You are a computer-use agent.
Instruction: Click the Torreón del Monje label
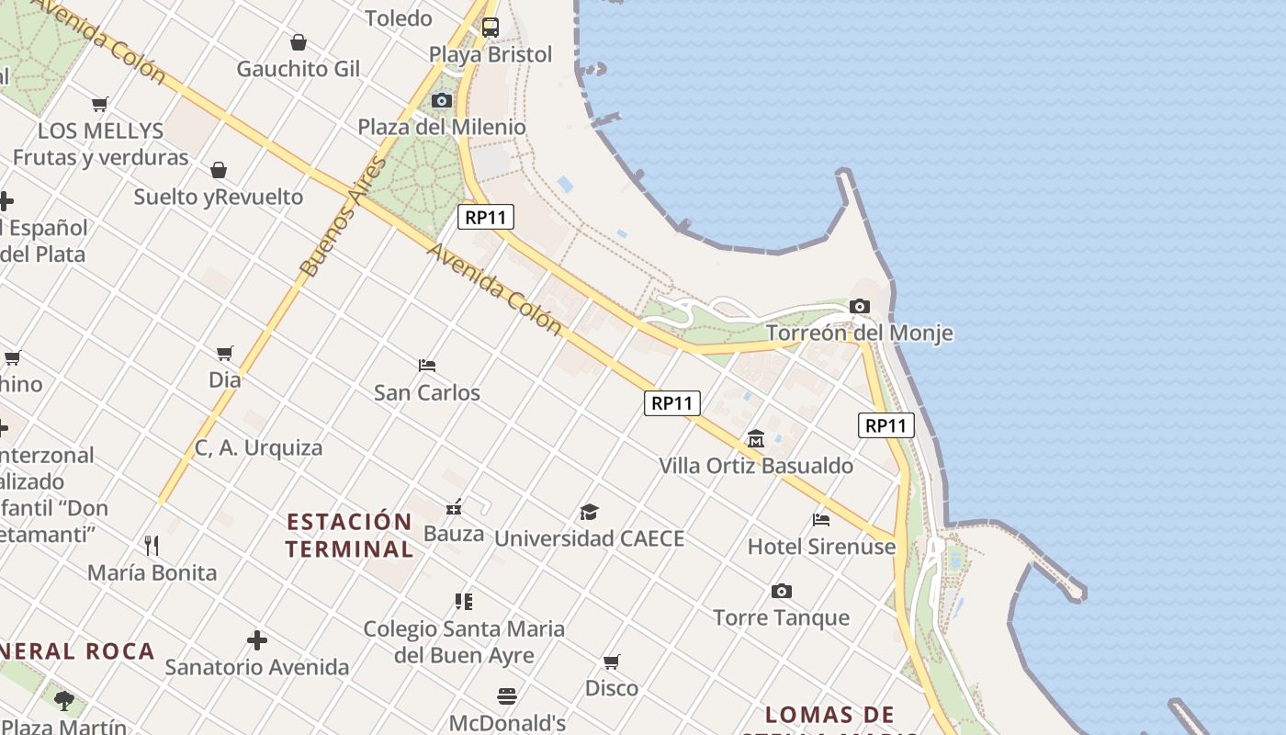pos(859,333)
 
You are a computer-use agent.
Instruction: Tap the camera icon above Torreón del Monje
pos(860,306)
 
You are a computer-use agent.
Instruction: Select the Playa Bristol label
pos(491,54)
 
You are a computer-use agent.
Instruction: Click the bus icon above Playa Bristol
pos(491,28)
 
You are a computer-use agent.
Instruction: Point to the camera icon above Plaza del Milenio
pos(442,100)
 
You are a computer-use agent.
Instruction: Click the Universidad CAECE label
pos(589,538)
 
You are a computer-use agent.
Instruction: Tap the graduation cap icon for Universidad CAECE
pos(589,512)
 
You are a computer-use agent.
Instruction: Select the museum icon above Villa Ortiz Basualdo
pos(756,438)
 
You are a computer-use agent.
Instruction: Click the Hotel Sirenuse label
pos(821,547)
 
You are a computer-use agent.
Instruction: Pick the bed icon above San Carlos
pos(427,365)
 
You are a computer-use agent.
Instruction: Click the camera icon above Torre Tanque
pos(782,591)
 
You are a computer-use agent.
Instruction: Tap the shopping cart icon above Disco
pos(612,661)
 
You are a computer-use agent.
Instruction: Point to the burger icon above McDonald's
pos(507,695)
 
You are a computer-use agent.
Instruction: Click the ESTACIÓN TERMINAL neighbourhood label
pos(349,536)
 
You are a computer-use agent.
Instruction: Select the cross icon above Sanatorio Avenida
pos(257,640)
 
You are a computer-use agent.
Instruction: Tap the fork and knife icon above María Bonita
pos(152,546)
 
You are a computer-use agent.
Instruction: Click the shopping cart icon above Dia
pos(225,353)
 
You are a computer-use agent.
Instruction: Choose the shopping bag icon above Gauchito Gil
pos(299,42)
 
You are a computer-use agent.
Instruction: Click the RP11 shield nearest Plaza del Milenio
pos(486,218)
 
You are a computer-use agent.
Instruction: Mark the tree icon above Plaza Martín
pos(64,701)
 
